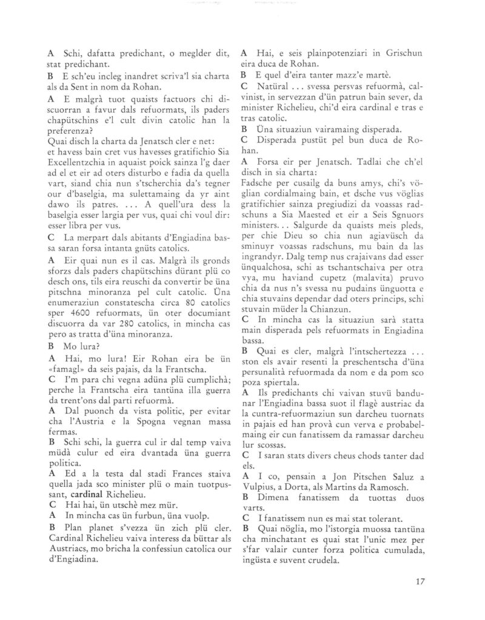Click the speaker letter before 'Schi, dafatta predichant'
(x=50, y=52)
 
